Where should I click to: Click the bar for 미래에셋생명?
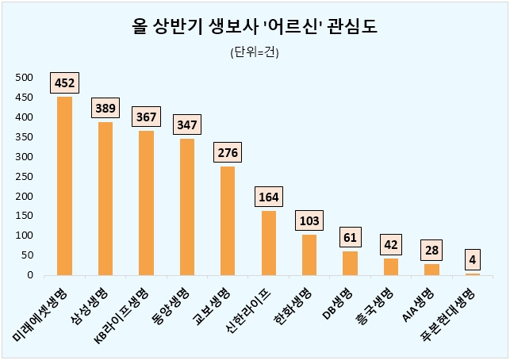click(x=64, y=186)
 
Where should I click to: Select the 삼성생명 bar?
click(x=105, y=198)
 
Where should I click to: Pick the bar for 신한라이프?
click(x=269, y=243)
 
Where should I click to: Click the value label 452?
click(x=64, y=82)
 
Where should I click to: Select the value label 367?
click(x=146, y=116)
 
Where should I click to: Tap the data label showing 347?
click(x=187, y=124)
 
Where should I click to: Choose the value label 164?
click(x=269, y=197)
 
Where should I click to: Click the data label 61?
click(x=350, y=236)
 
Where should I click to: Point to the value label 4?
click(x=473, y=259)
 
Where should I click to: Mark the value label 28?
click(x=431, y=250)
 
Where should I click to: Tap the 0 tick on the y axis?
click(x=29, y=275)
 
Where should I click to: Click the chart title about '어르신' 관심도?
click(x=254, y=28)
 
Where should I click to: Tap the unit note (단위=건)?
click(x=254, y=53)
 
